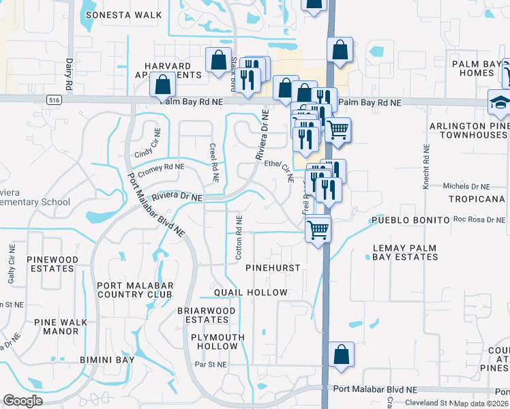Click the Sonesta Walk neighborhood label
[132, 14]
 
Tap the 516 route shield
[53, 100]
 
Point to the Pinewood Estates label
[50, 264]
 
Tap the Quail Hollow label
[251, 292]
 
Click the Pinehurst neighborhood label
[273, 268]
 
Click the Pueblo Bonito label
[410, 221]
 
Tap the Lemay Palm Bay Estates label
[405, 252]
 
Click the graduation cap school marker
[500, 102]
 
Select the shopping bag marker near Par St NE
[341, 354]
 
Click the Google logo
[22, 401]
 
